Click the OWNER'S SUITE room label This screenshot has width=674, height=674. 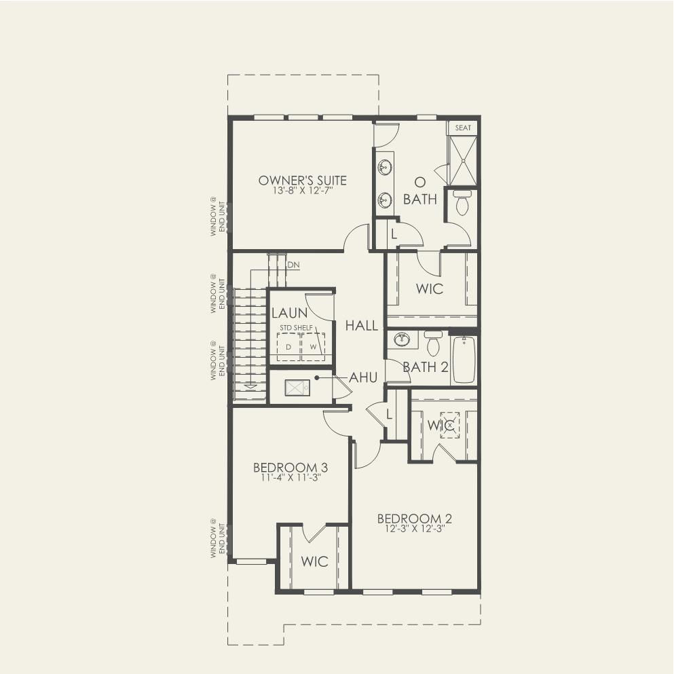[302, 180]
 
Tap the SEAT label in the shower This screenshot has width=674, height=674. [463, 128]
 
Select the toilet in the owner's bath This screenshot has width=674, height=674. [462, 202]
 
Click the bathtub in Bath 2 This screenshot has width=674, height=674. [464, 359]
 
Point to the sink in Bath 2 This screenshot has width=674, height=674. [402, 339]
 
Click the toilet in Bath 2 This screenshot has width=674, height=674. [433, 343]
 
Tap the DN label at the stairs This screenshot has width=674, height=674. [294, 265]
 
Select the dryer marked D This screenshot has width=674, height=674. [288, 346]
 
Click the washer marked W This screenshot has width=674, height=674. [313, 346]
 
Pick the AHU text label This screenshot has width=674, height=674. [363, 377]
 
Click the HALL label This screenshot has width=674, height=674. [362, 325]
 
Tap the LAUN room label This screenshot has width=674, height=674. [290, 312]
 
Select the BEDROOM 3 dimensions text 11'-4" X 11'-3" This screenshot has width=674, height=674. [291, 478]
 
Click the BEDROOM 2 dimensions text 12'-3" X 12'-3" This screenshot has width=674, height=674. [414, 529]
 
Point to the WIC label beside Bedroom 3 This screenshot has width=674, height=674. [314, 561]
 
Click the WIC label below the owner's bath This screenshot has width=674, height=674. [430, 288]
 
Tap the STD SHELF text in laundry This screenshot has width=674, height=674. [296, 328]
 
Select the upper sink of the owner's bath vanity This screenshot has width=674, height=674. [385, 167]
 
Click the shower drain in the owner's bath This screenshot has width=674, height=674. [463, 161]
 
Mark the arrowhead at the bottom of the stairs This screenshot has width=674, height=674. [250, 386]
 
